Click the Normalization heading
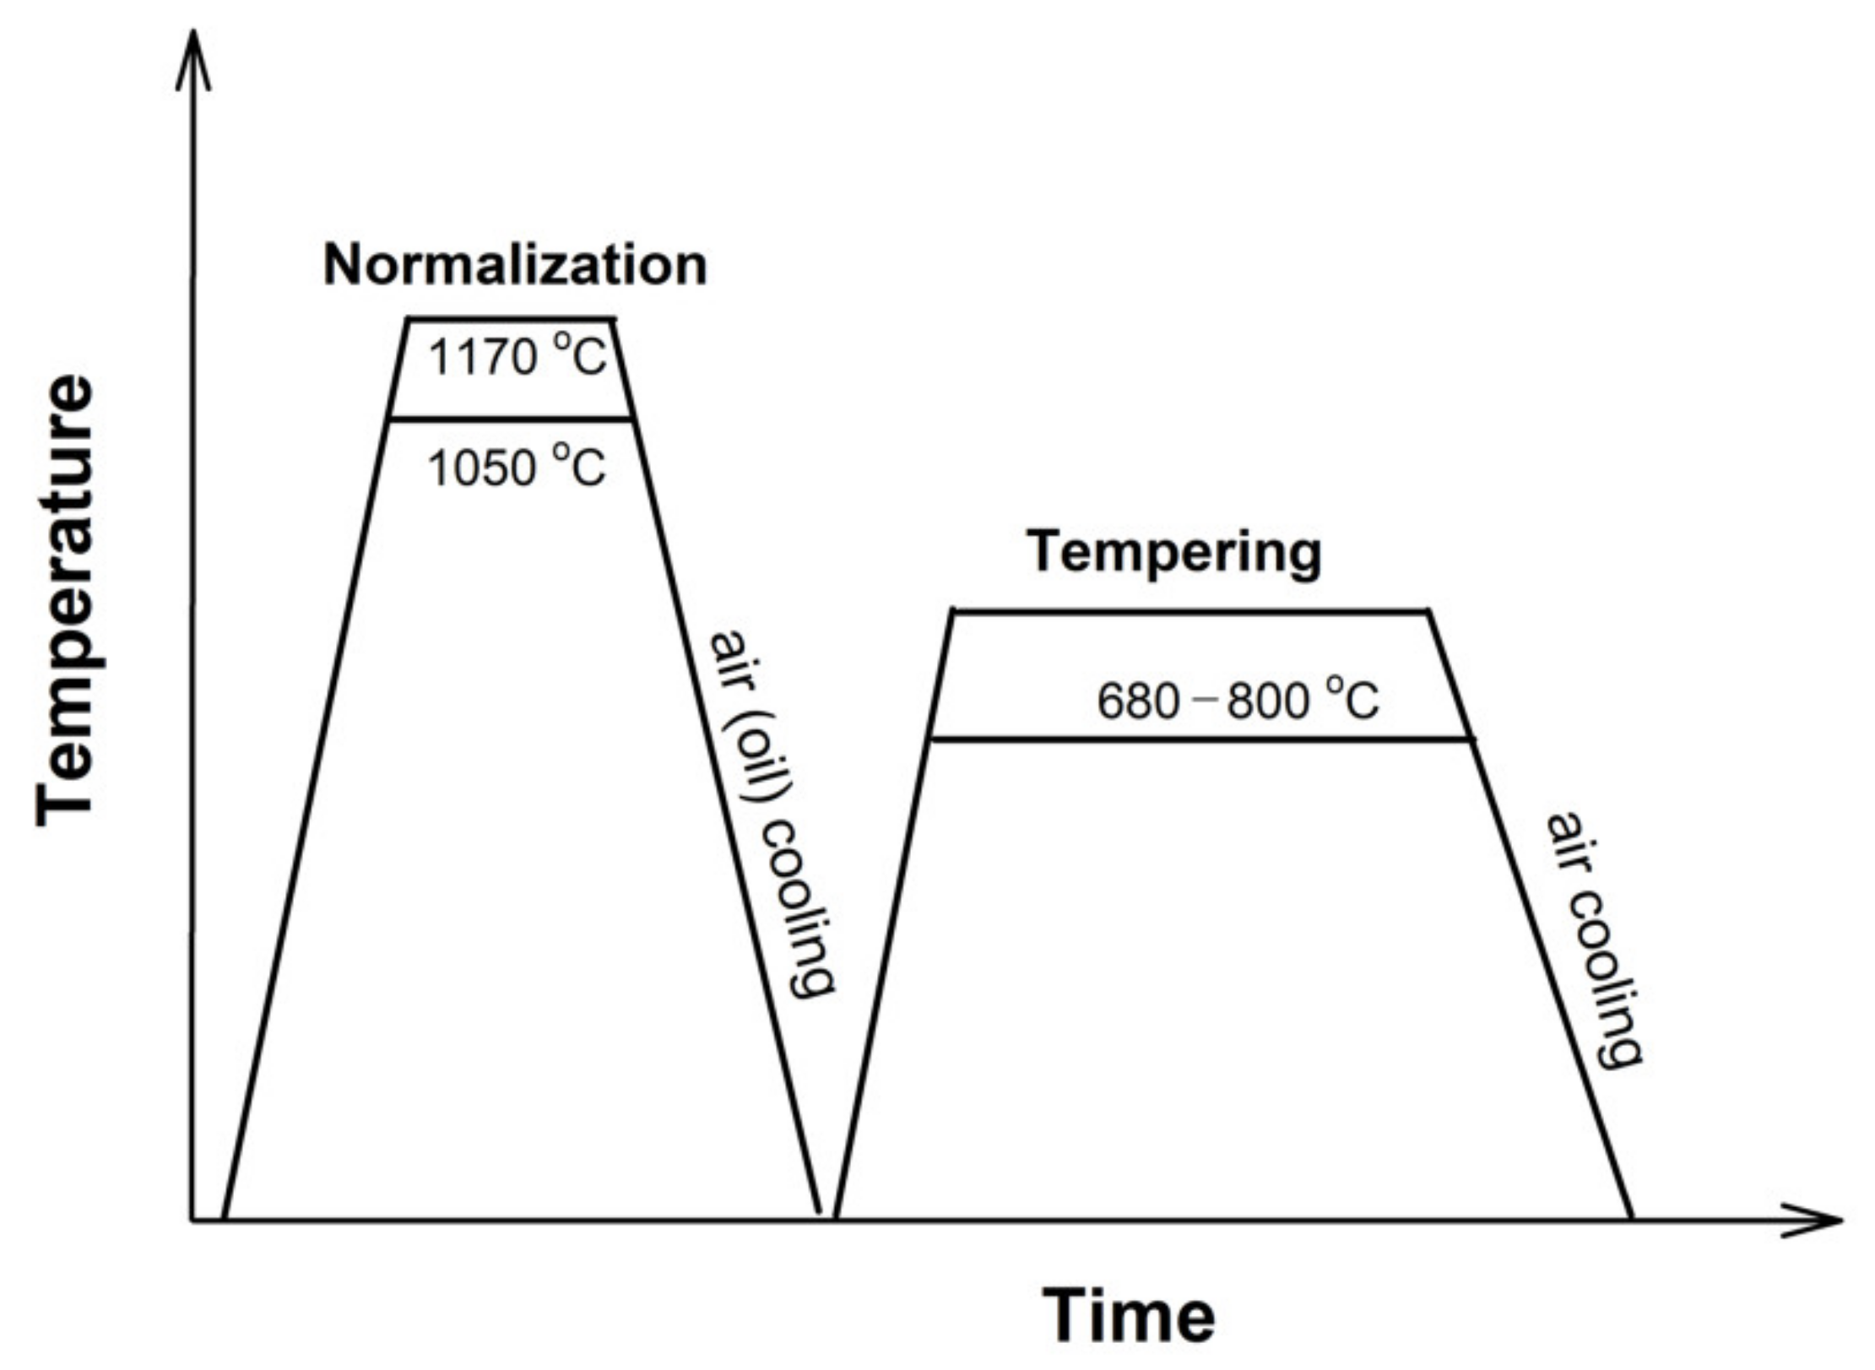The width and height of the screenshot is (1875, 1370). click(515, 266)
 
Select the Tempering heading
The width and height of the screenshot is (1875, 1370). click(1173, 553)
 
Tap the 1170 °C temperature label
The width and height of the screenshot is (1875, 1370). click(518, 357)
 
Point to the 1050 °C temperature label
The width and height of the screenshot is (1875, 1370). click(517, 467)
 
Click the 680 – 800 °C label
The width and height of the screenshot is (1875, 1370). click(1238, 701)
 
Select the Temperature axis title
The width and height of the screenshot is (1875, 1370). click(66, 599)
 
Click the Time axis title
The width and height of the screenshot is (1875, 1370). click(1129, 1315)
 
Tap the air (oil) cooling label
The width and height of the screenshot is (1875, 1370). click(771, 815)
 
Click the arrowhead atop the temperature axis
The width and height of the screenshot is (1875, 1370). click(193, 59)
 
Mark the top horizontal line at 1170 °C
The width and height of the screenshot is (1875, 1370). click(511, 319)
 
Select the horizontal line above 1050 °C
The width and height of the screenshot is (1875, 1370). click(511, 419)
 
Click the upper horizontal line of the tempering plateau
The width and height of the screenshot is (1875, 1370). click(1190, 609)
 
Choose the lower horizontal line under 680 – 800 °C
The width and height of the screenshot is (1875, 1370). click(1199, 739)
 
